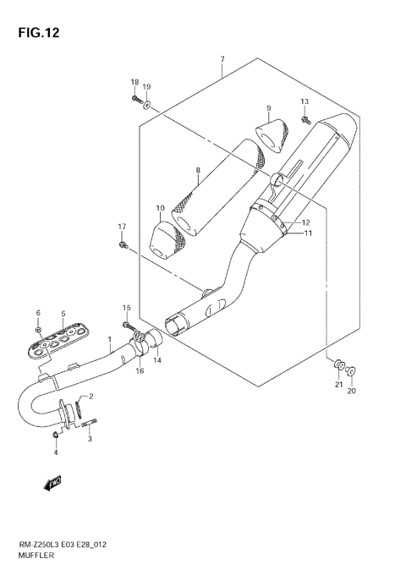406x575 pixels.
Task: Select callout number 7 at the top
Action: (222, 58)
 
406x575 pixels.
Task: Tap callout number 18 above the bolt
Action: (134, 82)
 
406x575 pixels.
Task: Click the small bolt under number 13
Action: (307, 121)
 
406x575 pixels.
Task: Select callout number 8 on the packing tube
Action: (197, 170)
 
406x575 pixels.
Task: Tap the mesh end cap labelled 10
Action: (166, 239)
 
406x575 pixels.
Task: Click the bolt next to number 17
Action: (124, 245)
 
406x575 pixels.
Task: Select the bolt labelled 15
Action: (128, 325)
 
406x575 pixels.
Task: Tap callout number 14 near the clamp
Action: (156, 360)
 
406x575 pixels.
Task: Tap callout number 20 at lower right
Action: (353, 392)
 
